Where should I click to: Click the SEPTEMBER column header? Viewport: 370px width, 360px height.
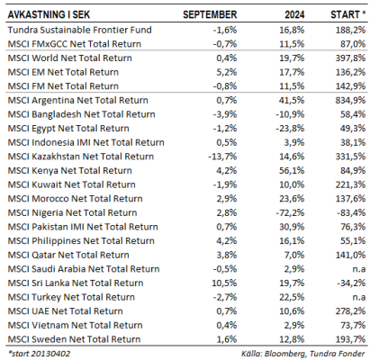(210, 14)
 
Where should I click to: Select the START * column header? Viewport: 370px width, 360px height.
(348, 14)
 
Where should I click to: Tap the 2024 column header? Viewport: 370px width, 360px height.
(294, 14)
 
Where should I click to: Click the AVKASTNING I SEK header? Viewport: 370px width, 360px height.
(49, 14)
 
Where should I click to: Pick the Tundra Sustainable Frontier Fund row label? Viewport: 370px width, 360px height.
(79, 30)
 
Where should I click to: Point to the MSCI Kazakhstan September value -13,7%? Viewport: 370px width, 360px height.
(222, 157)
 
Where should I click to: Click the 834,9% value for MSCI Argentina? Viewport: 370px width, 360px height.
(350, 100)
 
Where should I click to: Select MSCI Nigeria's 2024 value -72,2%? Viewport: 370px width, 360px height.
(290, 212)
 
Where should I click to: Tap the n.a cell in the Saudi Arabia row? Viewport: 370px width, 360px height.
(359, 269)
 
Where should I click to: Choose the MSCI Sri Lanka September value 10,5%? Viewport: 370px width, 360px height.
(224, 283)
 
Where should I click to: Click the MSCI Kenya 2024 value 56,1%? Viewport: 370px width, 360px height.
(292, 170)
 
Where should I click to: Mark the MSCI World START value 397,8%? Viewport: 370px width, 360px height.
(350, 58)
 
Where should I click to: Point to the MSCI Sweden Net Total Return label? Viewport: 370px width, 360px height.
(74, 339)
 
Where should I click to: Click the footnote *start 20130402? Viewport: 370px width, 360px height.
(39, 354)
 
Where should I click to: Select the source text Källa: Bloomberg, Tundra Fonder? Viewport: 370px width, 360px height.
(303, 354)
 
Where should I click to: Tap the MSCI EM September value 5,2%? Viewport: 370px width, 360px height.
(227, 72)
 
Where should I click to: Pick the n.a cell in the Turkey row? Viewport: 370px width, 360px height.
(359, 297)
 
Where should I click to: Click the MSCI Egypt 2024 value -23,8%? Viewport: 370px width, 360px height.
(290, 129)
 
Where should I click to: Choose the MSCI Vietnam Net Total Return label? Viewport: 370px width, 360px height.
(75, 325)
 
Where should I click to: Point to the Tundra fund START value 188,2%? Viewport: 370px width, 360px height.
(350, 30)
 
